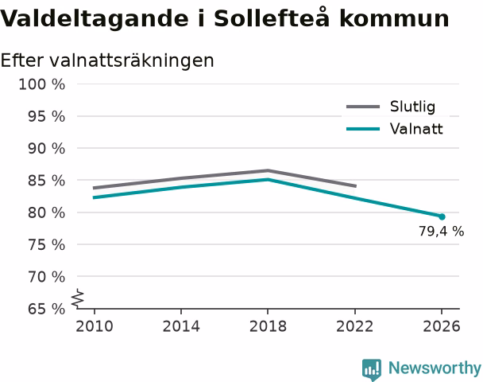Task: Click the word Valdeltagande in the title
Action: [x=94, y=19]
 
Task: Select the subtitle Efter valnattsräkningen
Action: [x=107, y=60]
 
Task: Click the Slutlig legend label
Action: [x=412, y=107]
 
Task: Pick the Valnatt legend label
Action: [x=416, y=129]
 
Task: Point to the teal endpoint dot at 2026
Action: [x=442, y=216]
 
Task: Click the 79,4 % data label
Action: [x=441, y=231]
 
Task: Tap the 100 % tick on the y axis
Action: [x=42, y=84]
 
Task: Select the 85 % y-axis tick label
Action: [x=47, y=181]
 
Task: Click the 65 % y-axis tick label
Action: [x=47, y=309]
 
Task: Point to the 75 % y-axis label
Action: [x=47, y=244]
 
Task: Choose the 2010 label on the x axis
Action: [x=95, y=326]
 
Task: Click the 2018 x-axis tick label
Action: [x=268, y=326]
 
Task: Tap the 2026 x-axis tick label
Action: [x=442, y=326]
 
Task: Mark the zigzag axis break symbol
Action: [x=78, y=298]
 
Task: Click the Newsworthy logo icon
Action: [x=372, y=369]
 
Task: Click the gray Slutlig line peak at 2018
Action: [x=268, y=170]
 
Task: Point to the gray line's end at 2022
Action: [x=356, y=186]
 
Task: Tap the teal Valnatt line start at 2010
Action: [x=94, y=197]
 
